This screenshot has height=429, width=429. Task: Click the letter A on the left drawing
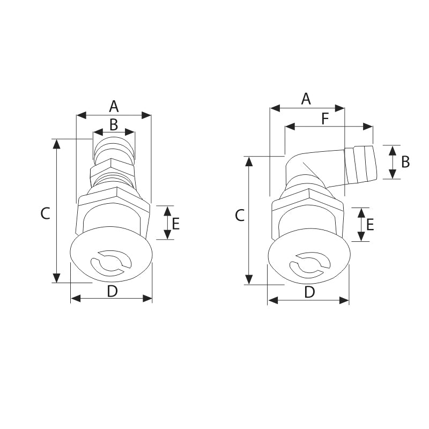[114, 106]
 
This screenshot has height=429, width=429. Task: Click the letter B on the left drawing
[114, 124]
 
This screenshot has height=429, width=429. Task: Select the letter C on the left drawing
[46, 213]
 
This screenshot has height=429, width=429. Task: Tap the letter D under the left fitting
[112, 291]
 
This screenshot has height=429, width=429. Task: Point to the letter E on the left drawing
[175, 223]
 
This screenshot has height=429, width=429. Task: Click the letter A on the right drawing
[306, 99]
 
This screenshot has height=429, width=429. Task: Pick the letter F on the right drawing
[326, 119]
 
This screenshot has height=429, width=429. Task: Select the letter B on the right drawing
[405, 161]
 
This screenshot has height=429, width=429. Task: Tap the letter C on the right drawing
[240, 216]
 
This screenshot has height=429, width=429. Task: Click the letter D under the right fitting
[309, 292]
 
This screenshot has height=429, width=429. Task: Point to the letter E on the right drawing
[370, 224]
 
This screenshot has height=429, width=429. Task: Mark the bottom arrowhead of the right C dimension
[249, 279]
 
